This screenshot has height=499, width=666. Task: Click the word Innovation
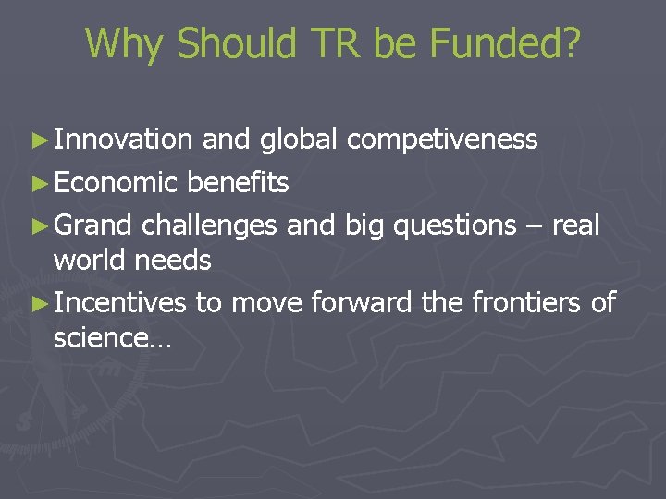point(123,140)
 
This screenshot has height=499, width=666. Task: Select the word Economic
point(116,183)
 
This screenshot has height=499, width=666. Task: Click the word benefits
point(238,183)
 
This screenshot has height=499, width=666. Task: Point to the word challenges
point(210,225)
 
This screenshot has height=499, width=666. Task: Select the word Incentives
point(120,302)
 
